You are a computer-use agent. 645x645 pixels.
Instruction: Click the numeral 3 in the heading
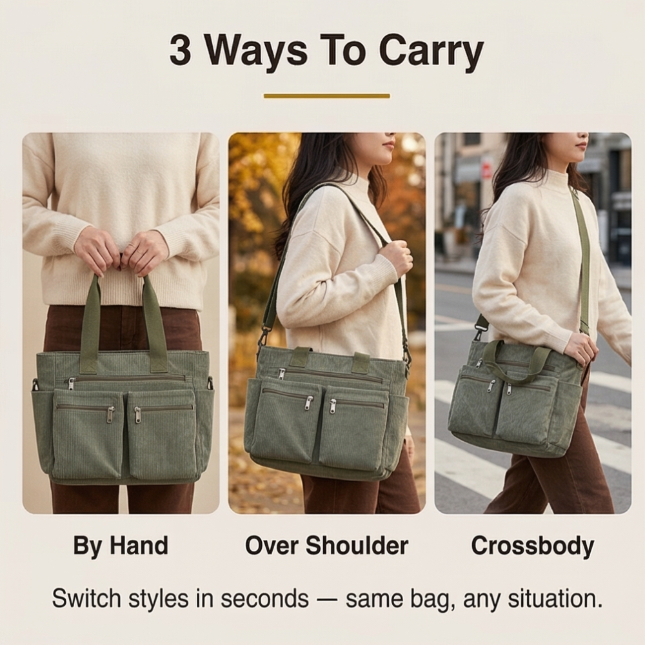pos(180,50)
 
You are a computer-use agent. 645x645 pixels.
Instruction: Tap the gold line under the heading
pos(326,96)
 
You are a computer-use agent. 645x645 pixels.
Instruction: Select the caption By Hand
pos(121,546)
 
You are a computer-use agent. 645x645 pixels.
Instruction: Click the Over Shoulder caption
pos(326,546)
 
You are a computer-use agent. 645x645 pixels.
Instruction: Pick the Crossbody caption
pos(533,546)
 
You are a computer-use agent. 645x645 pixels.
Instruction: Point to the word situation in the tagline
pos(555,599)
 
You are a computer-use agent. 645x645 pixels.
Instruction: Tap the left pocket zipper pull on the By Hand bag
pos(110,415)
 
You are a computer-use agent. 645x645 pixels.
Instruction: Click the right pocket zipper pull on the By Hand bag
pos(137,415)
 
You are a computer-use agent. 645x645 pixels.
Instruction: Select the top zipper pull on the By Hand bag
pos(71,384)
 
